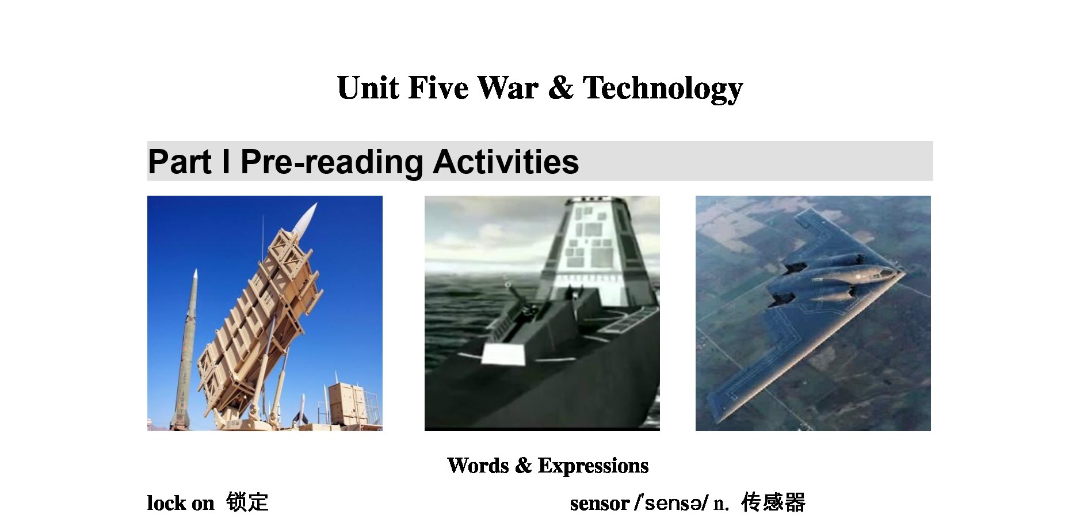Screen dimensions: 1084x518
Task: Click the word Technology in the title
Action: click(x=663, y=89)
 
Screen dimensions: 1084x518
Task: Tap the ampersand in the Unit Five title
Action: click(x=561, y=87)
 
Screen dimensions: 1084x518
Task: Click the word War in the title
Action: click(x=508, y=87)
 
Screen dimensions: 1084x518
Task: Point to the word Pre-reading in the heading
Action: click(x=332, y=162)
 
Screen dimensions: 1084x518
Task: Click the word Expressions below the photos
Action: click(x=593, y=466)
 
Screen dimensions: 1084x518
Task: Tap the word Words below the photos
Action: click(x=478, y=465)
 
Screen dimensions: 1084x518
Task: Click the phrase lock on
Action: click(x=181, y=503)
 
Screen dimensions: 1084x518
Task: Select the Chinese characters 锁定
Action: click(x=247, y=502)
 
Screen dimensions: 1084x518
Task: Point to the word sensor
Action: click(x=600, y=504)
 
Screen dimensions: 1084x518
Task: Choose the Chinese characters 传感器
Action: click(x=773, y=502)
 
